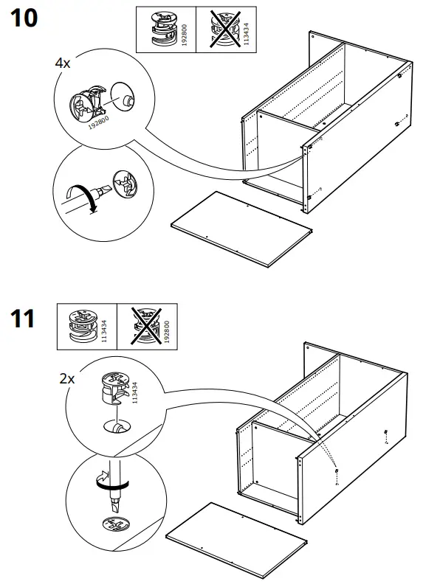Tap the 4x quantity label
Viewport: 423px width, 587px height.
coord(63,63)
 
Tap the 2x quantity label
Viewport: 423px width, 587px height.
coord(67,379)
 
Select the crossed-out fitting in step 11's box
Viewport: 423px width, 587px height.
coord(146,327)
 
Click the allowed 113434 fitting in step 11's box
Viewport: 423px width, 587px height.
coord(80,327)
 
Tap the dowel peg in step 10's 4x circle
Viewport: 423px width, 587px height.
coord(126,97)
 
